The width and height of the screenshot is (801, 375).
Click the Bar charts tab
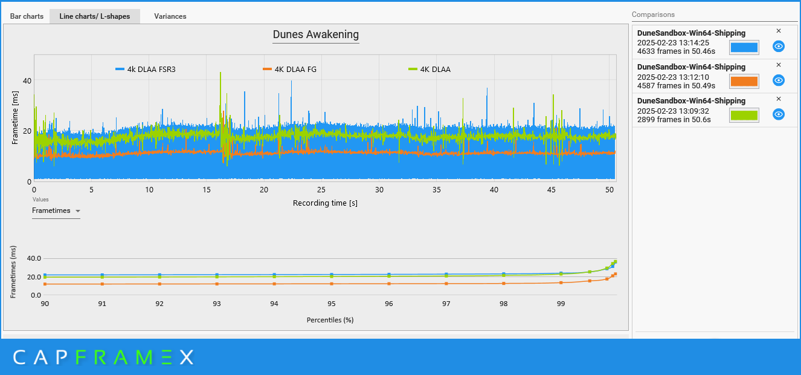pos(27,16)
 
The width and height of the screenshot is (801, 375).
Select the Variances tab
pos(170,16)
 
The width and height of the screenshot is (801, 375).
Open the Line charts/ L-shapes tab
pos(94,16)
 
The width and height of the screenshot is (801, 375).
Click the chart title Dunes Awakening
pos(315,34)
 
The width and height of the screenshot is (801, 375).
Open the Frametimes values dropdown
pos(56,210)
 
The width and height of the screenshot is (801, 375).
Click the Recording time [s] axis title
pos(325,203)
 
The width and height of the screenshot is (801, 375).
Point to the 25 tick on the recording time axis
pos(321,190)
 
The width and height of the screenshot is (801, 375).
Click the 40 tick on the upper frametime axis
pos(27,80)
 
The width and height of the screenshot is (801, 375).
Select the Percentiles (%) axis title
pos(330,319)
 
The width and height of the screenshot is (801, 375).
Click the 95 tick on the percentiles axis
pos(332,304)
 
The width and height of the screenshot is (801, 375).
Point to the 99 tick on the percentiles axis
pos(561,304)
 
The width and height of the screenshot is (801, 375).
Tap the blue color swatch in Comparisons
pos(744,48)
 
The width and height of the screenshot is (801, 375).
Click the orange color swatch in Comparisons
pos(744,82)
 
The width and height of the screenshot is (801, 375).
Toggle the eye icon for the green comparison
pos(779,114)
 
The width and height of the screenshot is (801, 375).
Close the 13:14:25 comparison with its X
pos(778,31)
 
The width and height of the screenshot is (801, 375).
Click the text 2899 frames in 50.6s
pos(674,120)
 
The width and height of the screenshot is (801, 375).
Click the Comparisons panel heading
pos(653,15)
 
